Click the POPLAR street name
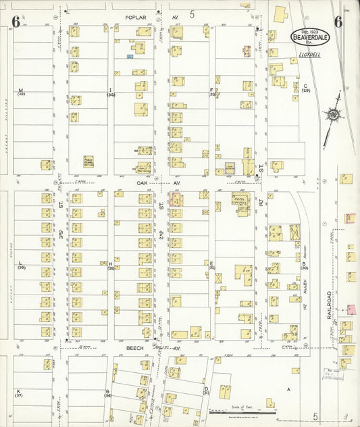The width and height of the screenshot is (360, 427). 135,16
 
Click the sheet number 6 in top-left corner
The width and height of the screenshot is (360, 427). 15,21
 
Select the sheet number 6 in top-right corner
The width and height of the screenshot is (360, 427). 337,20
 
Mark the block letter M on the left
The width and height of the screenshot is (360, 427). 20,91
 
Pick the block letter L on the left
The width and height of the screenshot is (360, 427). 20,263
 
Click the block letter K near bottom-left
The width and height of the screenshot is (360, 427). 18,391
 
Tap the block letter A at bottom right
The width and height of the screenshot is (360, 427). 288,390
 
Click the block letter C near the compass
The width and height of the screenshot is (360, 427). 305,86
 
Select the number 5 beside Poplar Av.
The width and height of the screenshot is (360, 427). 192,14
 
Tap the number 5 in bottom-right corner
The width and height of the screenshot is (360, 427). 315,417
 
